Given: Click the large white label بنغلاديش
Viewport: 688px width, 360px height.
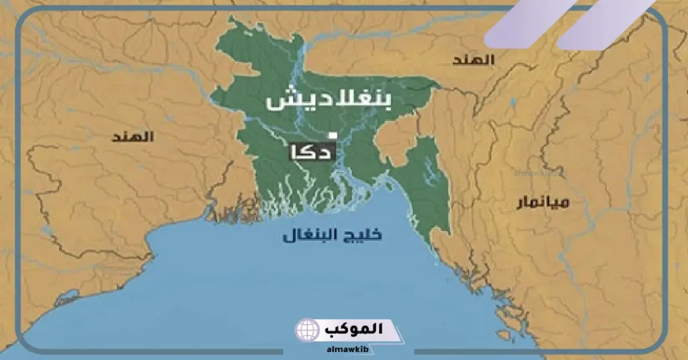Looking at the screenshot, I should [329, 102].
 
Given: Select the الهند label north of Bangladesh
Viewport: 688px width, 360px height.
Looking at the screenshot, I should [473, 60].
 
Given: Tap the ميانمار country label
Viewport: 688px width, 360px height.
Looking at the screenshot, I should [543, 202].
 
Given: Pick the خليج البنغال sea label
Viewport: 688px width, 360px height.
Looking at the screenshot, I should [331, 235].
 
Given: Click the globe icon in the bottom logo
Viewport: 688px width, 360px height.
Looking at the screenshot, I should [307, 330].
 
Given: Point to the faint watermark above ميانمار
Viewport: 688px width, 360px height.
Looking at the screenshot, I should [541, 173].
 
